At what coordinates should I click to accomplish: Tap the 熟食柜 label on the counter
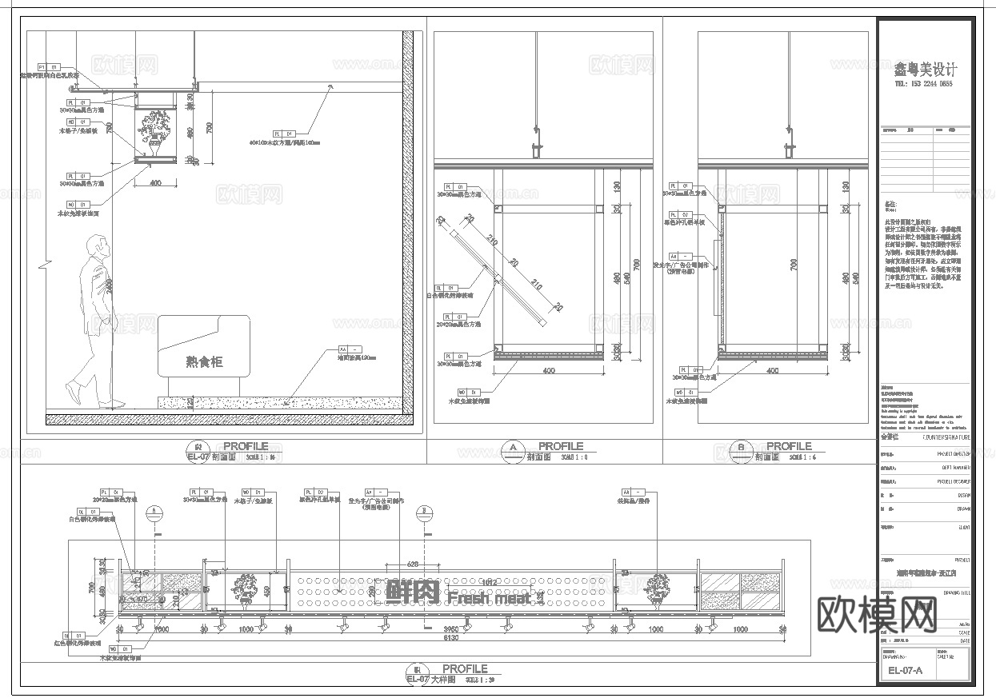(x=204, y=362)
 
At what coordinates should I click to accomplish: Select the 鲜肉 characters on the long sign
(x=413, y=592)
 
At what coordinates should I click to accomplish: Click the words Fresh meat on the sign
(x=489, y=597)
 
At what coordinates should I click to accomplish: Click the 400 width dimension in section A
(x=549, y=371)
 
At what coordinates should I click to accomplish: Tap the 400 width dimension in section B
(x=773, y=371)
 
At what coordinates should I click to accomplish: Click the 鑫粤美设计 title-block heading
(x=925, y=70)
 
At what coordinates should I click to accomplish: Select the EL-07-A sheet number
(x=906, y=671)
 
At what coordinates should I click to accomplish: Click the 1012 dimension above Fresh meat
(x=490, y=582)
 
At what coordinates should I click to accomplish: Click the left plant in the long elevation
(x=246, y=589)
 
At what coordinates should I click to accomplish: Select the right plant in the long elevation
(x=658, y=588)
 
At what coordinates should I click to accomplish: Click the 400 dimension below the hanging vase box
(x=155, y=183)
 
